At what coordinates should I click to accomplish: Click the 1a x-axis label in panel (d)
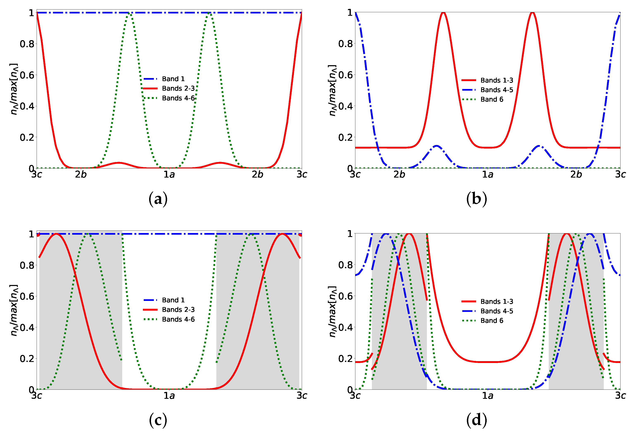tap(488, 396)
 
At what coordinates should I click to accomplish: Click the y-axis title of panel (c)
tap(14, 310)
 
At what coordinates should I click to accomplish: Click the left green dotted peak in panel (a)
tap(130, 14)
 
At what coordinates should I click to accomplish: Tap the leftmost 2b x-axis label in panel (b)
tap(399, 174)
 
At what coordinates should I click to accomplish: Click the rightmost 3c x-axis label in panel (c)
tap(302, 396)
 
